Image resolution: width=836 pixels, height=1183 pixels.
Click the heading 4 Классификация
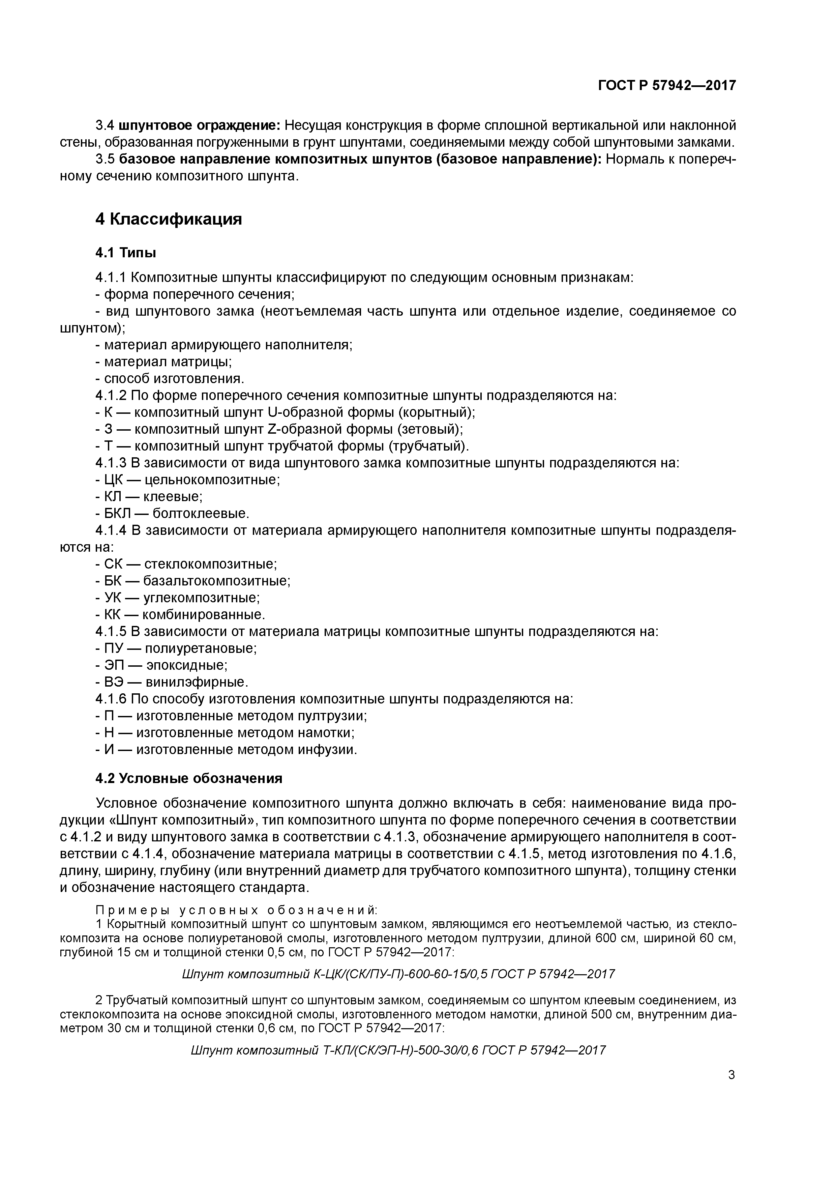click(x=169, y=219)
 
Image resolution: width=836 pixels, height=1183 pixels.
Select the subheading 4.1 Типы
click(x=126, y=253)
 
